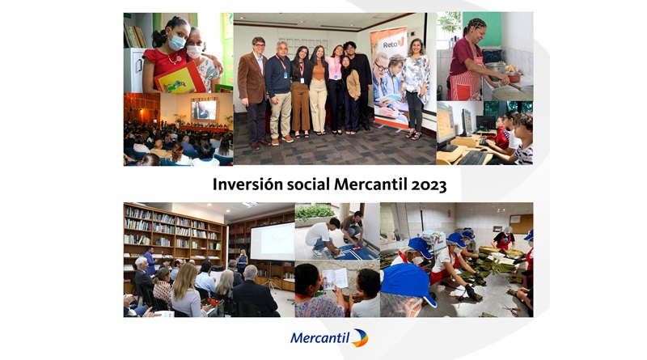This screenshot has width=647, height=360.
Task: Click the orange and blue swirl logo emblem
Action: pyautogui.click(x=360, y=338)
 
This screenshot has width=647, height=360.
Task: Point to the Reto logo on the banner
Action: pyautogui.click(x=393, y=43)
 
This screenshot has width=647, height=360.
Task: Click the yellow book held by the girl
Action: pyautogui.click(x=180, y=78)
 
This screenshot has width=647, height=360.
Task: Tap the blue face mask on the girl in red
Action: pyautogui.click(x=176, y=41)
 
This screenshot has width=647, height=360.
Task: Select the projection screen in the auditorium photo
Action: pyautogui.click(x=205, y=110)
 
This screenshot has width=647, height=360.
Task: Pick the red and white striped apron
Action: pyautogui.click(x=465, y=83)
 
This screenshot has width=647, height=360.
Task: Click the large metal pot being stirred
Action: pyautogui.click(x=512, y=92)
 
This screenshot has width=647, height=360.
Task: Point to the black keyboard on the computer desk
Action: pyautogui.click(x=473, y=158)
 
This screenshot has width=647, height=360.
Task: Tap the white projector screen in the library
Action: pyautogui.click(x=273, y=242)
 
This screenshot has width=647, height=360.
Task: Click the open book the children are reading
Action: pyautogui.click(x=335, y=279)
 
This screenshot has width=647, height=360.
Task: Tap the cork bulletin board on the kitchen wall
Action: pyautogui.click(x=521, y=224)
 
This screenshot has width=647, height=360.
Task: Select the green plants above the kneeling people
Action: pyautogui.click(x=315, y=212)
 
